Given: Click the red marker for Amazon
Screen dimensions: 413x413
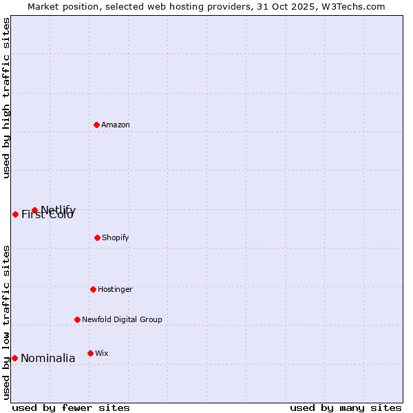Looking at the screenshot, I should point(97,125).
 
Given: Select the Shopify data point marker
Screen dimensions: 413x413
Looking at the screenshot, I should point(97,237).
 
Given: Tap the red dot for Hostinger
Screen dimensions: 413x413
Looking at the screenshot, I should point(93,289).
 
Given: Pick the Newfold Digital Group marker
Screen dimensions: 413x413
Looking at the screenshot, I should point(77,319).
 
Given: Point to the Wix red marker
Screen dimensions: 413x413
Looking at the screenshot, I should point(90,353).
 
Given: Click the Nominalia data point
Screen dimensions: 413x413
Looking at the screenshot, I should point(14,358).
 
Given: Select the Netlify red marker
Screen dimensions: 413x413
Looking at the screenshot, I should point(34,210).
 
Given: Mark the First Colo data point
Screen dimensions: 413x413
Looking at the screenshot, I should point(15,214).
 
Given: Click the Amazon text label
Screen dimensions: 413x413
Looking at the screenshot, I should point(116,125).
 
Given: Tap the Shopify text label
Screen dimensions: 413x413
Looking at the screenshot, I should point(116,237).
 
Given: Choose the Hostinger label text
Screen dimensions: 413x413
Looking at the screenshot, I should point(115,289).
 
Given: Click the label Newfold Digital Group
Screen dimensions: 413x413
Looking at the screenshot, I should point(122,319).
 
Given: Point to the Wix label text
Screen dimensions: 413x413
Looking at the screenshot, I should point(101,353).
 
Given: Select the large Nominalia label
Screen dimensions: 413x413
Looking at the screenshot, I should point(47,358).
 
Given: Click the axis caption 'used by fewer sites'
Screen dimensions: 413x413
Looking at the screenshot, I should point(71,407).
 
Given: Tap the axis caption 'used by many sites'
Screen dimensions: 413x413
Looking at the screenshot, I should point(346,407).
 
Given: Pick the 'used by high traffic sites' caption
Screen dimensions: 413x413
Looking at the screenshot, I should point(6,98).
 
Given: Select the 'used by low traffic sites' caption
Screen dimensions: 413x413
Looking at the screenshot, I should point(6,322).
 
